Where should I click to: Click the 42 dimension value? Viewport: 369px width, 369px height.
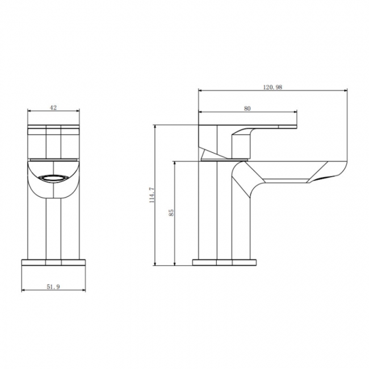54,107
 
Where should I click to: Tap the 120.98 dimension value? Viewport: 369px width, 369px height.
272,86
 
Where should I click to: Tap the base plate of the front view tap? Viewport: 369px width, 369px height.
53,262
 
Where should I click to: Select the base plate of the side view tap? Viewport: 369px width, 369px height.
224,262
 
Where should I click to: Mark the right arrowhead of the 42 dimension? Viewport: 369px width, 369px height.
77,111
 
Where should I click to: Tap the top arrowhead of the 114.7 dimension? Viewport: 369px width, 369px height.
155,128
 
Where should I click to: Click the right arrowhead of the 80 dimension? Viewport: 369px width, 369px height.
296,111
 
